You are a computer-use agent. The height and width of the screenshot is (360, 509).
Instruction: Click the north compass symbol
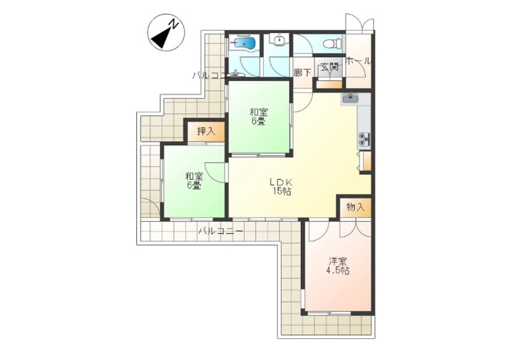point(166,32)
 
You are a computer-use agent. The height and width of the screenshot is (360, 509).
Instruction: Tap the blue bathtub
point(245,43)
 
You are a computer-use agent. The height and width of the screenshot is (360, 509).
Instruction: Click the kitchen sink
point(349,97)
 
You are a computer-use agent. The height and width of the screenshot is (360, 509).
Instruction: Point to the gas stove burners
point(364,139)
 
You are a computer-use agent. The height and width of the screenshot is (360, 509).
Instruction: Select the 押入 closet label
point(206,131)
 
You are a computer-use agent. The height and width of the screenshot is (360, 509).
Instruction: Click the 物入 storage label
point(356,207)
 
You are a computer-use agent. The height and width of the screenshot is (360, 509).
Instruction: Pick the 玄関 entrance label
point(330,67)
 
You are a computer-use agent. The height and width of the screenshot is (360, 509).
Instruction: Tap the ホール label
point(358,60)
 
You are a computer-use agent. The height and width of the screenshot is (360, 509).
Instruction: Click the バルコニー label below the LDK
point(221,232)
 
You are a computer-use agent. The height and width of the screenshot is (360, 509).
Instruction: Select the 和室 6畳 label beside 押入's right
point(258,117)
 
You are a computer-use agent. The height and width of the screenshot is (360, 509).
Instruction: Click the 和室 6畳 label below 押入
point(194,181)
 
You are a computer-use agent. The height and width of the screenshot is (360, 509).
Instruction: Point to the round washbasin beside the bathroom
point(279,40)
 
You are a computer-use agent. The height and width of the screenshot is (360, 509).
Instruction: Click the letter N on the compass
point(174,24)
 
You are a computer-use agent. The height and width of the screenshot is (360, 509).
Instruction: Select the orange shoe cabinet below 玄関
point(329,85)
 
